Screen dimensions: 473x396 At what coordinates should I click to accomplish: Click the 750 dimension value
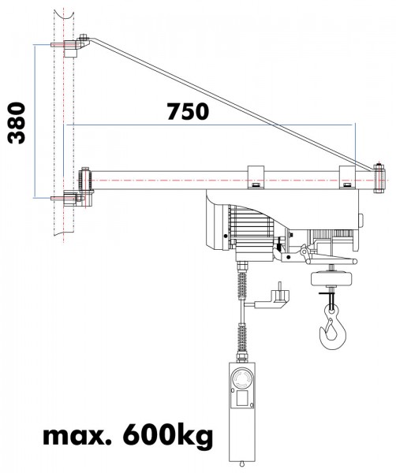tap(187, 111)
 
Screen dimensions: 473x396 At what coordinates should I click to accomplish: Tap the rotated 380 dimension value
tap(17, 123)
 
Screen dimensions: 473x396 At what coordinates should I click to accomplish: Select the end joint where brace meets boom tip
tap(380, 178)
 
